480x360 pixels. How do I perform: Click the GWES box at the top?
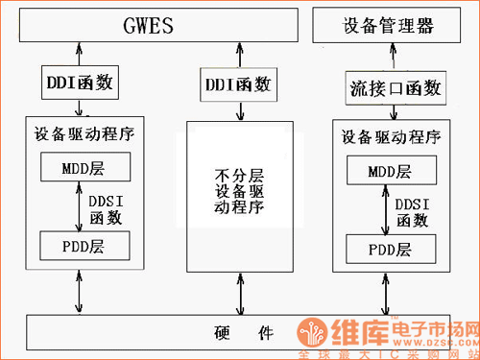149,25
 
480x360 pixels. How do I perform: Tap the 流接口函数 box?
393,88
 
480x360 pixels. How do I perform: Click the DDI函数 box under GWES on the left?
80,83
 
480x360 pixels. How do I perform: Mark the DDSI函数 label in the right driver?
413,212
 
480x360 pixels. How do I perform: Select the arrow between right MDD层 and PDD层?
385,211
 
